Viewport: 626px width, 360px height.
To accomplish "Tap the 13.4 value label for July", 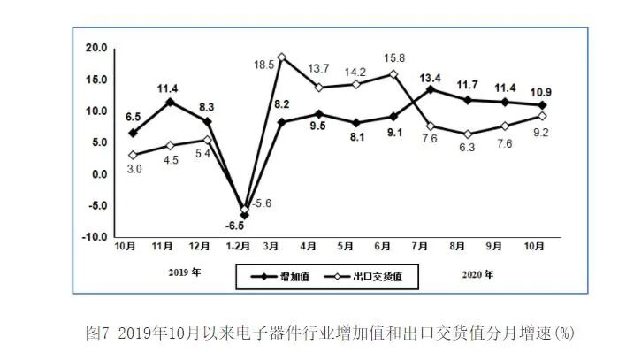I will [431, 76].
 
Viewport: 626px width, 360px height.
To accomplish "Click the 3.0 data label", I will [134, 169].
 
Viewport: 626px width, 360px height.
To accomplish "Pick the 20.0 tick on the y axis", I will [95, 48].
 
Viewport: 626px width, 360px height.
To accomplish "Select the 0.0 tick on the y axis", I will [99, 174].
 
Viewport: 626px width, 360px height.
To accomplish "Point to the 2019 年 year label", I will [185, 272].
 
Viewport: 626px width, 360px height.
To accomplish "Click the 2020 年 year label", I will [478, 272].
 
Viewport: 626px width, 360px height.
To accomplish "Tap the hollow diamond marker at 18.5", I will [282, 57].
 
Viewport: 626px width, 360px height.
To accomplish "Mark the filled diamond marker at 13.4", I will [431, 89].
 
